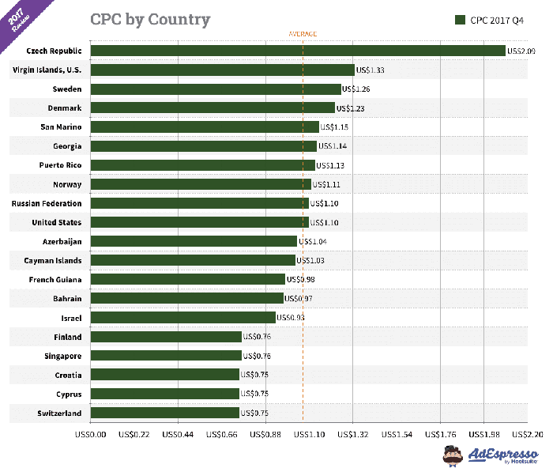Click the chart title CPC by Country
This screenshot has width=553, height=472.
(149, 19)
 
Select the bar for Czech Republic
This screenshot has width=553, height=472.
(298, 51)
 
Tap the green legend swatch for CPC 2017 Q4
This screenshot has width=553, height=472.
(459, 20)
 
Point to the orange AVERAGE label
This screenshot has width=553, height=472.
(303, 34)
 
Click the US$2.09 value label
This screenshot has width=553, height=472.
(521, 51)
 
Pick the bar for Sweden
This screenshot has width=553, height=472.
(216, 89)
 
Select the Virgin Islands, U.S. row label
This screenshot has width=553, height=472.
(47, 70)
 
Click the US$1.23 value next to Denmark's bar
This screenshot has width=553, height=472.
(352, 108)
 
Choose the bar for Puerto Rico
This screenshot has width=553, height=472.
(203, 165)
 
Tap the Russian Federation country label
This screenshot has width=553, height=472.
(47, 203)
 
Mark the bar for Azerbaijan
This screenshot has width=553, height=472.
(194, 241)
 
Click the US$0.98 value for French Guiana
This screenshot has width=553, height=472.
(302, 279)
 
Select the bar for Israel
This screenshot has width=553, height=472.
(183, 317)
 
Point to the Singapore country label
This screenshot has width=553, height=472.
(59, 356)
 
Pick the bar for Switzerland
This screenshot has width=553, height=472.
(165, 413)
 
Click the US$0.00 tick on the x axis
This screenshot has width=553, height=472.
(90, 433)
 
